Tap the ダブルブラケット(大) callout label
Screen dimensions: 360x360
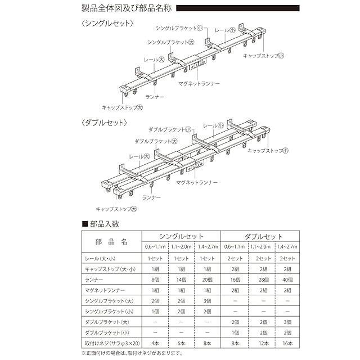point(155,141)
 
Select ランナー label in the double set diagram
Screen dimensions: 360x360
point(151,197)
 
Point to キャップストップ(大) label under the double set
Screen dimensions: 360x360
point(116,209)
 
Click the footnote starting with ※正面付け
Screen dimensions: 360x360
point(133,353)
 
